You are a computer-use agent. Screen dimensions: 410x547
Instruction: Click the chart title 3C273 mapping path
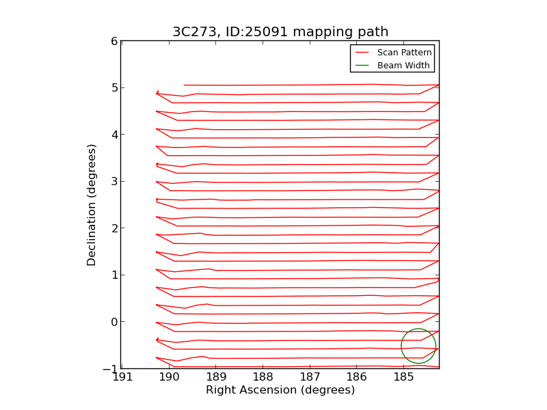tap(280, 32)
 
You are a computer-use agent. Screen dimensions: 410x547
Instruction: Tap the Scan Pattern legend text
tap(405, 53)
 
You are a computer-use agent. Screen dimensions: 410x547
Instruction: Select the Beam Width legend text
tap(403, 66)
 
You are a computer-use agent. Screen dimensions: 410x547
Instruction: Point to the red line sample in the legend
tap(362, 53)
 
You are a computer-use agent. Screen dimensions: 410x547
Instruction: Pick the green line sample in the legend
tap(362, 66)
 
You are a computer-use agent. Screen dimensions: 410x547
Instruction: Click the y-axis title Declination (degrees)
tap(92, 204)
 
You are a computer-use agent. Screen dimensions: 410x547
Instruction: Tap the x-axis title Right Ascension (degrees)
tap(280, 390)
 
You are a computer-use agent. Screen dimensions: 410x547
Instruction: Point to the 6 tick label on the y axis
tap(114, 41)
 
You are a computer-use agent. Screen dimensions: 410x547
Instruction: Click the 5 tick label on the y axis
tap(114, 88)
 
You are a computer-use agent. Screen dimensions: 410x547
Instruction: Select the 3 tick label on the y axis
tap(114, 182)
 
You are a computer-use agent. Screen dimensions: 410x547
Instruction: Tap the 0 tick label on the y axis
tap(114, 322)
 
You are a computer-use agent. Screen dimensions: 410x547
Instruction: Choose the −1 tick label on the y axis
tap(111, 369)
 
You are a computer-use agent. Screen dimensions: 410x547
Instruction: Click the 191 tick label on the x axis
tap(122, 377)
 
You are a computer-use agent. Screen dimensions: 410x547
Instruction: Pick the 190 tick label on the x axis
tap(169, 377)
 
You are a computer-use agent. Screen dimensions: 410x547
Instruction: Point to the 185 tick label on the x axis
tap(403, 377)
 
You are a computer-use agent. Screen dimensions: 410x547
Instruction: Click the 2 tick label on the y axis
tap(114, 228)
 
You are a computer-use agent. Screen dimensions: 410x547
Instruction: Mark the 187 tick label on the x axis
tap(310, 377)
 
